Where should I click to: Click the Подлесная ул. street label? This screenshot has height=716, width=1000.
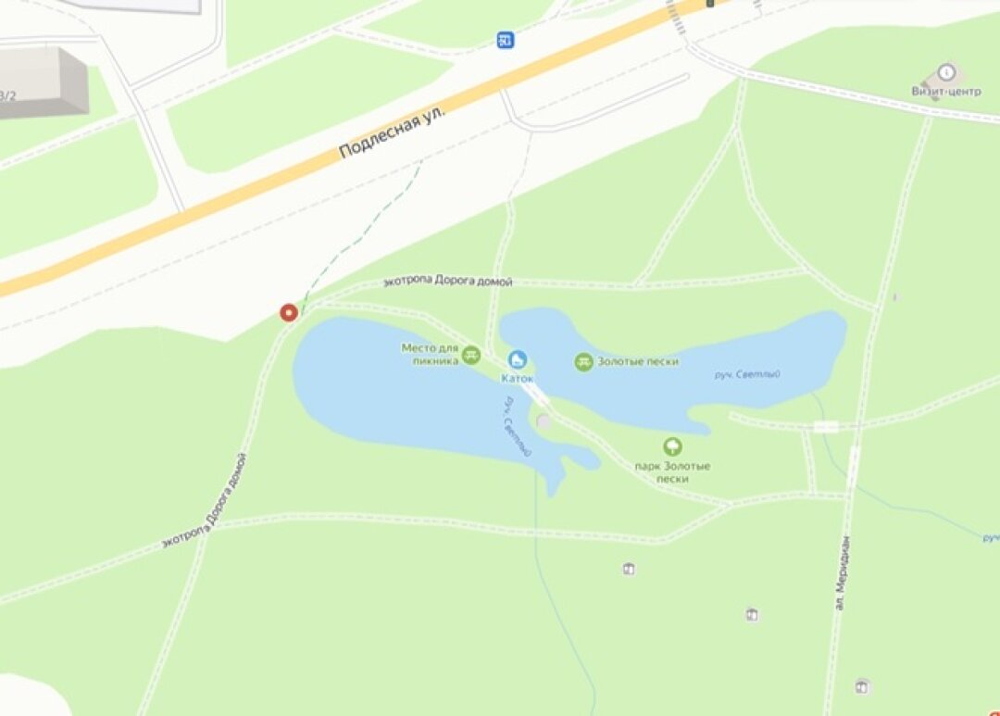(x=392, y=131)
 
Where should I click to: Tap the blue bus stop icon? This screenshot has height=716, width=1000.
(x=505, y=40)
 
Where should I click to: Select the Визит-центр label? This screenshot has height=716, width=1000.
(x=945, y=92)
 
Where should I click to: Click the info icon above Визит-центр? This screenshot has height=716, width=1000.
(x=946, y=71)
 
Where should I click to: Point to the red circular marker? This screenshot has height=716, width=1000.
(x=289, y=313)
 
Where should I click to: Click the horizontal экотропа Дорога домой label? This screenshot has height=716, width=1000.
(x=448, y=281)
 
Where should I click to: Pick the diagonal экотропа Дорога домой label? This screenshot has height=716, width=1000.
(x=205, y=501)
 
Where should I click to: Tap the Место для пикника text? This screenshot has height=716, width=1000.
(x=430, y=354)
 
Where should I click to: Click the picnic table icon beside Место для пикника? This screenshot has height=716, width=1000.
(x=471, y=354)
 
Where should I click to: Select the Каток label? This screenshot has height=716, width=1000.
(x=518, y=379)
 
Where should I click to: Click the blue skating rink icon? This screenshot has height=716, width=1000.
(x=519, y=359)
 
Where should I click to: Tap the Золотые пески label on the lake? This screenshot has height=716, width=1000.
(x=638, y=361)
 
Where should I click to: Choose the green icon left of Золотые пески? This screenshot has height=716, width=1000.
(x=583, y=361)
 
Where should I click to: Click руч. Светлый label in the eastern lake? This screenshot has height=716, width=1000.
(x=747, y=374)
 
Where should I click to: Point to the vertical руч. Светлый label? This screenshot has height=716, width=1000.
(x=517, y=426)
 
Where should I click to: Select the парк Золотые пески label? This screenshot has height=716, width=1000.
(x=672, y=471)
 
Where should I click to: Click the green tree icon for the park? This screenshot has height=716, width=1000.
(x=672, y=447)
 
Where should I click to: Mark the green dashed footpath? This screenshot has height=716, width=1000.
(x=361, y=236)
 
